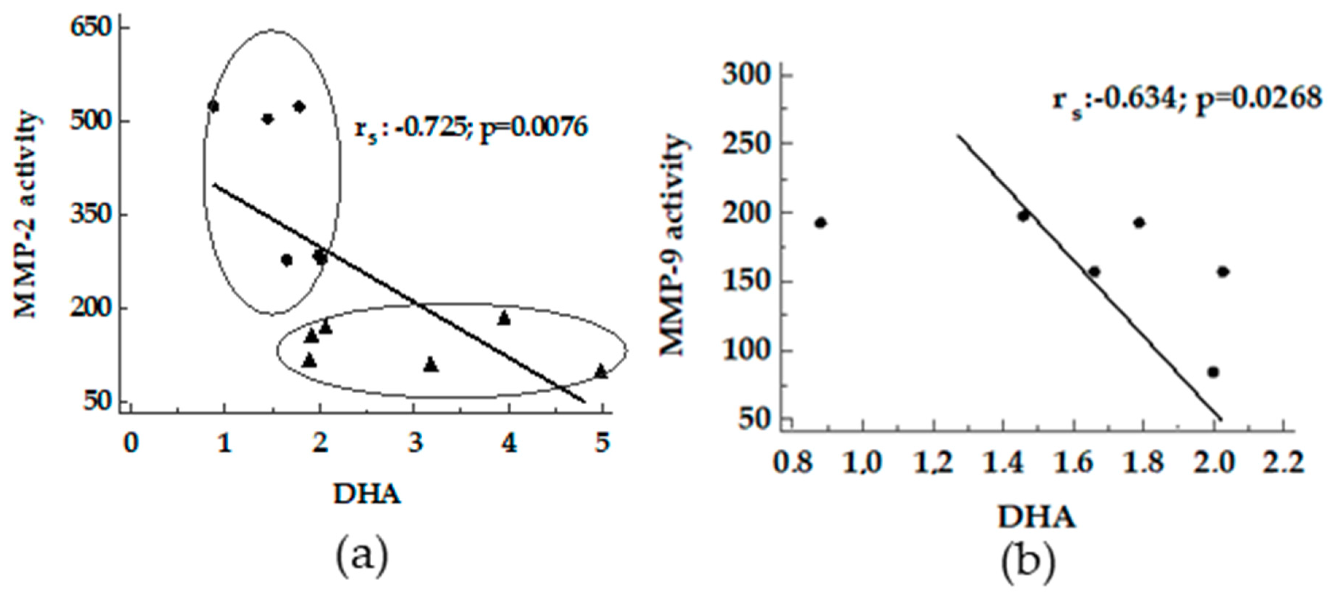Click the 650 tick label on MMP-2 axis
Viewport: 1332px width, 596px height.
pos(91,27)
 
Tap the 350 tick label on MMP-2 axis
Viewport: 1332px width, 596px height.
pos(91,214)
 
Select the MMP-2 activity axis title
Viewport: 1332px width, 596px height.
pos(26,214)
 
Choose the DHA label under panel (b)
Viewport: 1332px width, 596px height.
pos(1036,517)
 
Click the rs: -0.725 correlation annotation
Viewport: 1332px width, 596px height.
pos(471,128)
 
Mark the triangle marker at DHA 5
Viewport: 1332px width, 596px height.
pos(601,371)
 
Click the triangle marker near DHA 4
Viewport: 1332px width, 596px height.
pos(504,319)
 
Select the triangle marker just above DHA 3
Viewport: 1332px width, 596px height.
pos(431,365)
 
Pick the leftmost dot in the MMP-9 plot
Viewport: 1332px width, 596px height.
pos(821,223)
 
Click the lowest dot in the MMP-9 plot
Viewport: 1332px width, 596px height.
pos(1213,372)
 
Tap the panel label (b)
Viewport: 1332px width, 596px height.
pos(1027,565)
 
